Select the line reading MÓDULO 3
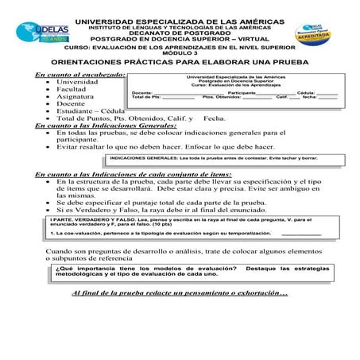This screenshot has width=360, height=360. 179,52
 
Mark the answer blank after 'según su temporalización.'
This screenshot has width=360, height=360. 300,235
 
